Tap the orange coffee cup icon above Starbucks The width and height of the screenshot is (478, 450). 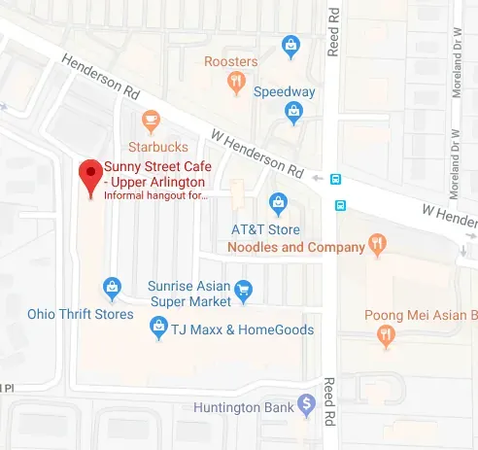pos(150,121)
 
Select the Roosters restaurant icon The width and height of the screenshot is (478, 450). pos(235,85)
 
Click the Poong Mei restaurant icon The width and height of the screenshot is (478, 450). pos(386,336)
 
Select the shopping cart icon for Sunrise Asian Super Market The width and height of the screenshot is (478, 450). pos(244,288)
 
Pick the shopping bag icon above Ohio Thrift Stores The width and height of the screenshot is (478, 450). pos(113,287)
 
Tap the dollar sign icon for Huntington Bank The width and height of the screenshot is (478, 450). pos(307,401)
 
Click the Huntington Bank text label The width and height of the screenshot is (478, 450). pos(242,407)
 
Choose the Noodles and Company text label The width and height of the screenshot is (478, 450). pos(296,247)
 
